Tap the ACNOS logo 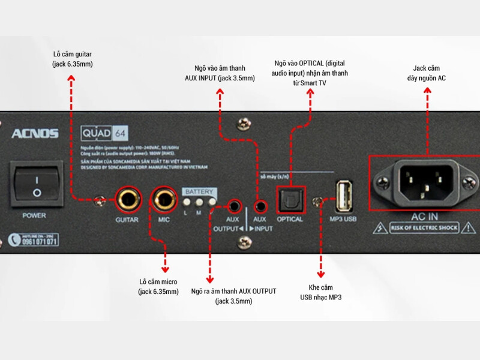pyautogui.click(x=34, y=134)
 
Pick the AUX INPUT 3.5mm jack pyautogui.click(x=260, y=207)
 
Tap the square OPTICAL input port pyautogui.click(x=290, y=199)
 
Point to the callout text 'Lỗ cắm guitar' pyautogui.click(x=71, y=59)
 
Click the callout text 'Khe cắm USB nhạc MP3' pyautogui.click(x=321, y=292)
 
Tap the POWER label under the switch pyautogui.click(x=34, y=214)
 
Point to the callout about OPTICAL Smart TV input pyautogui.click(x=310, y=72)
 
